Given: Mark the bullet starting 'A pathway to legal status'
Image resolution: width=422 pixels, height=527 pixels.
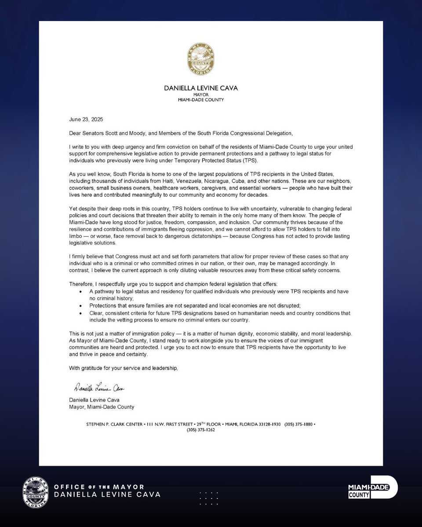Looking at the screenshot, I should (80, 292).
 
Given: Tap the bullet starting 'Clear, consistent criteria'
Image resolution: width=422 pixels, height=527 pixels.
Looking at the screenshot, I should (80, 313).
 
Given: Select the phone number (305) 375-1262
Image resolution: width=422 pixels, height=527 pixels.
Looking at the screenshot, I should (200, 430).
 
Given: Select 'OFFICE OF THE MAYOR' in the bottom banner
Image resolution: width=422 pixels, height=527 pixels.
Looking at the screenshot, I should (99, 487).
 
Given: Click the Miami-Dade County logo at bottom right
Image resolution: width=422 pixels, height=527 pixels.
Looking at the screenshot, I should (373, 487).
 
